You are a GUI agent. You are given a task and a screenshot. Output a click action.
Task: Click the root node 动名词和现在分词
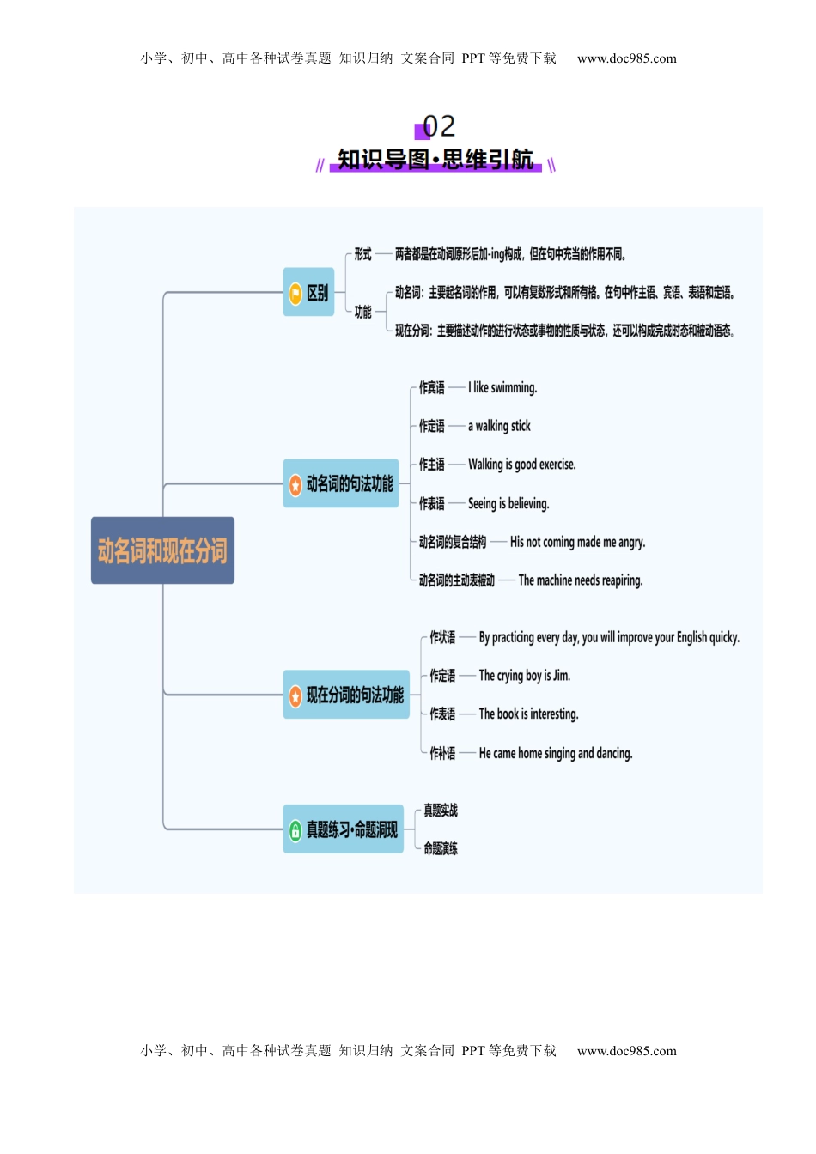pyautogui.click(x=162, y=550)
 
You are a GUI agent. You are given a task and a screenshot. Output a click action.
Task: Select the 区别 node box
pyautogui.click(x=308, y=292)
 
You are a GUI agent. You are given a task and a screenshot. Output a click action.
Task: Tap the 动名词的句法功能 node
pyautogui.click(x=341, y=484)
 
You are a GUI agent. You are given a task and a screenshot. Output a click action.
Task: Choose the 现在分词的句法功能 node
pyautogui.click(x=346, y=695)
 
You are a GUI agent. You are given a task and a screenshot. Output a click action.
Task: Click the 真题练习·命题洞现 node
pyautogui.click(x=343, y=829)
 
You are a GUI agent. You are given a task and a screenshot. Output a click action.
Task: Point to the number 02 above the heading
pyautogui.click(x=438, y=126)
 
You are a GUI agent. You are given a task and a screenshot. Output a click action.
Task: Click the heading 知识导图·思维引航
pyautogui.click(x=435, y=160)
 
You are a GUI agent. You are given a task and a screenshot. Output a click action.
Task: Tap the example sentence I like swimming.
pyautogui.click(x=502, y=388)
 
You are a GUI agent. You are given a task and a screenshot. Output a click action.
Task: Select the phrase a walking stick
pyautogui.click(x=499, y=426)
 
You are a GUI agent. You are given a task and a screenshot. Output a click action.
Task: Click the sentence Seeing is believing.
pyautogui.click(x=508, y=504)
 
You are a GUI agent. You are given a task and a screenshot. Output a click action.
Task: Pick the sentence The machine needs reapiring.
pyautogui.click(x=580, y=580)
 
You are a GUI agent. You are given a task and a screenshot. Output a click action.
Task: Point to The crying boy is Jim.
pyautogui.click(x=524, y=676)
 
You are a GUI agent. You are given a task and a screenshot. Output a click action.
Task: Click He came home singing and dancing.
pyautogui.click(x=555, y=753)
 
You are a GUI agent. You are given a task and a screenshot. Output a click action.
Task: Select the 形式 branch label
pyautogui.click(x=363, y=254)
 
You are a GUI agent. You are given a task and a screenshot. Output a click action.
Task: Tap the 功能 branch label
pyautogui.click(x=363, y=312)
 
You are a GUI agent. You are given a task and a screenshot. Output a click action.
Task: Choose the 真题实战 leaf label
pyautogui.click(x=441, y=811)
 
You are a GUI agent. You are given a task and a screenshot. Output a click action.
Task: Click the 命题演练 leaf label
pyautogui.click(x=441, y=848)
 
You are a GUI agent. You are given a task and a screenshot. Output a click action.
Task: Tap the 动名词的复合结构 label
pyautogui.click(x=453, y=542)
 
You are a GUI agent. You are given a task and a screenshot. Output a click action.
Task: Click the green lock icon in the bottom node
pyautogui.click(x=295, y=830)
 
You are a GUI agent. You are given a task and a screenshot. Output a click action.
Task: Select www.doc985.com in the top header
pyautogui.click(x=626, y=58)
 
